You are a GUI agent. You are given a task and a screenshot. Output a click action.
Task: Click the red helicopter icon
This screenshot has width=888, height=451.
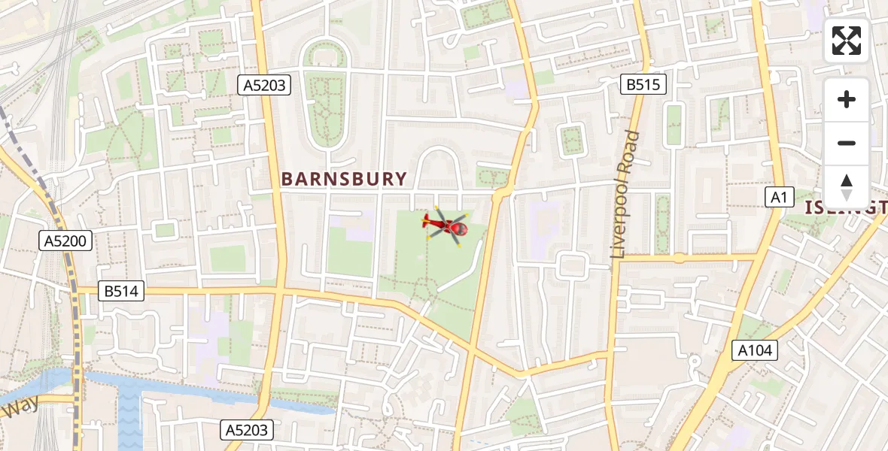click(x=447, y=225)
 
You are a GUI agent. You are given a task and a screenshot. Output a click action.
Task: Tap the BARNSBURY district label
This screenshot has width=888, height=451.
click(x=344, y=179)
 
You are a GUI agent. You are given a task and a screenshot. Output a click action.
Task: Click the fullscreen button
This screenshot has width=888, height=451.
click(x=847, y=41)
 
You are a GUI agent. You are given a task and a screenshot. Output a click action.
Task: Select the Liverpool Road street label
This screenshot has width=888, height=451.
click(x=625, y=195)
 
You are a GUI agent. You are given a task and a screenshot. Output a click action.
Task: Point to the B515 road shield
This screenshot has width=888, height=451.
click(x=643, y=84)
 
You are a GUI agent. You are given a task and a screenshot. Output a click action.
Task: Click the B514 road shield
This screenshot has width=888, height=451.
click(x=121, y=291)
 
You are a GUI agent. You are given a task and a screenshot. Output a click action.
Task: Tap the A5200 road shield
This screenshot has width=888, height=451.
click(x=66, y=241)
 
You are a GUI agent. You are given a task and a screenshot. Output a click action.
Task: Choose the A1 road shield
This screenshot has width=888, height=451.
click(x=779, y=197)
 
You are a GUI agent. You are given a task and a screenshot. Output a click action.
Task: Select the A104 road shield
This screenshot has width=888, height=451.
click(x=755, y=350)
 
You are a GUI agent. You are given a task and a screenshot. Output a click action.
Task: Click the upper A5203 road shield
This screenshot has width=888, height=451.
click(x=265, y=85)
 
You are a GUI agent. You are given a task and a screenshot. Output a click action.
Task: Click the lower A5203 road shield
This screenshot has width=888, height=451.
click(x=248, y=430)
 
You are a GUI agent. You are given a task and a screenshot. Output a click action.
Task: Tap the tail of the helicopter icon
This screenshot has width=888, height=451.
click(x=428, y=222)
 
